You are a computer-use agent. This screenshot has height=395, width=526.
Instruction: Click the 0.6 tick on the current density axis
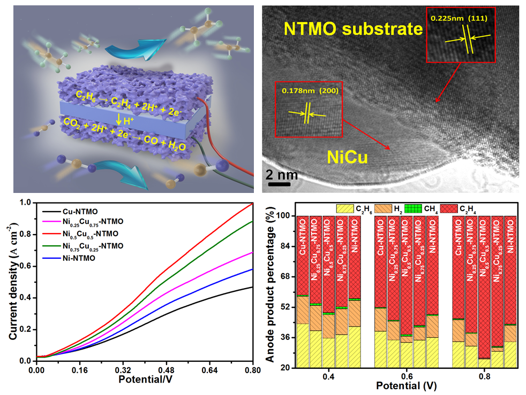(25, 266)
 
